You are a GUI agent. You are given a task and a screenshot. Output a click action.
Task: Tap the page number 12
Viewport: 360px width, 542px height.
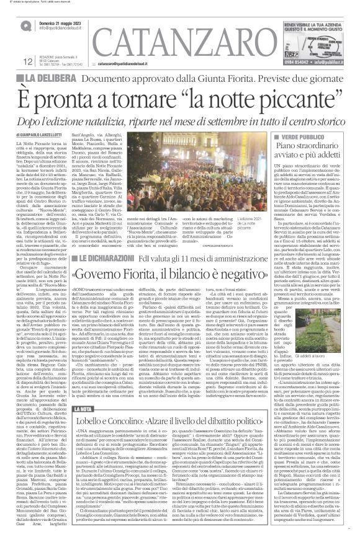click(11, 60)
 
